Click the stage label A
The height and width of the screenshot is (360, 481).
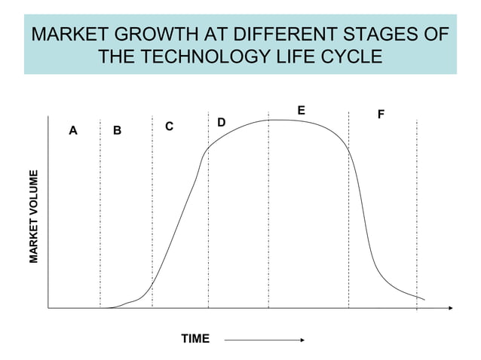73,130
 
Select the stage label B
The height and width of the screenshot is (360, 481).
117,131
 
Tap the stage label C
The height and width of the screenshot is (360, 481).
170,127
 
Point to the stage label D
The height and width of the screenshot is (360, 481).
221,122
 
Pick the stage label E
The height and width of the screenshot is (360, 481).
301,111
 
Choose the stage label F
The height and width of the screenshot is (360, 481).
381,115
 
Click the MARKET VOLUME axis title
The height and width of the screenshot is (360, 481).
34,216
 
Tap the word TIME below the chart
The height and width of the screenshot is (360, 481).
195,339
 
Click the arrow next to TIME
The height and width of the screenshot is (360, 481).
264,340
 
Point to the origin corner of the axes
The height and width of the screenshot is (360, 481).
48,308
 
